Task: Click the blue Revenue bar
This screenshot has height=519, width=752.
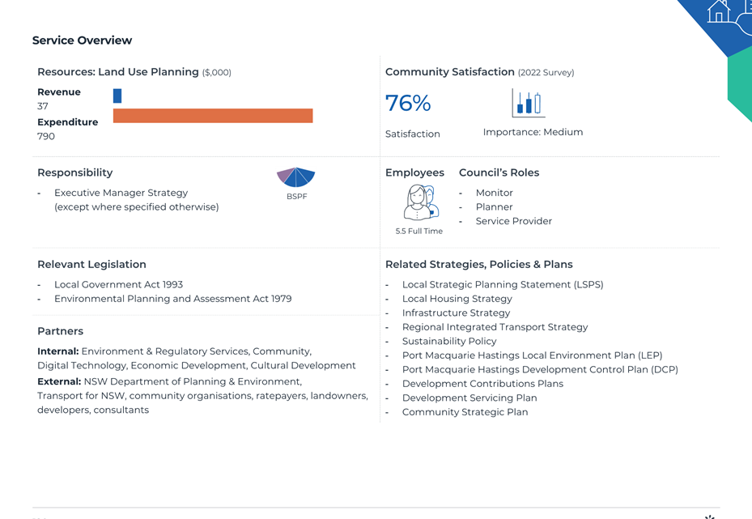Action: click(117, 96)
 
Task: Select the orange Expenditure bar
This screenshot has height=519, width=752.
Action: click(213, 116)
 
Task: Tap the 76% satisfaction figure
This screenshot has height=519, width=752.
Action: click(408, 103)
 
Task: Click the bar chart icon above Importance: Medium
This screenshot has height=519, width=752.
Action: click(529, 103)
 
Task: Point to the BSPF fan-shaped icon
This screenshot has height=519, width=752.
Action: click(296, 177)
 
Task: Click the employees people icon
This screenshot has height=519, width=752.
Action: click(421, 202)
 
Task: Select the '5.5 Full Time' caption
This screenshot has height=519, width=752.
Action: click(419, 232)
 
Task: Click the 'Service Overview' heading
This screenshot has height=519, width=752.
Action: click(82, 40)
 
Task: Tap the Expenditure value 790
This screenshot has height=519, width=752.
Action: click(46, 136)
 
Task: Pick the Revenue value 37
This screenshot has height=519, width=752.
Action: click(43, 106)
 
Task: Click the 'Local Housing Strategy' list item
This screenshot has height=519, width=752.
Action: click(457, 299)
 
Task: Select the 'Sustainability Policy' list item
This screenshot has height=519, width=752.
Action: click(449, 341)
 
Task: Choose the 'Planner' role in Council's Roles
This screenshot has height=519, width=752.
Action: click(494, 206)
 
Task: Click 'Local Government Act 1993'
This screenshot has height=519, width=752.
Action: click(118, 284)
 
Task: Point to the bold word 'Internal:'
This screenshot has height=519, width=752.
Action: click(58, 351)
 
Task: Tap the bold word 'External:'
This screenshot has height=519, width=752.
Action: click(59, 381)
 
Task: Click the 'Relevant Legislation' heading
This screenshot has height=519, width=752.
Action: click(91, 264)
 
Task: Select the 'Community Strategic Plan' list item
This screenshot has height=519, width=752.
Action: click(465, 412)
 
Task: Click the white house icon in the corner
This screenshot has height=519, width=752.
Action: click(719, 11)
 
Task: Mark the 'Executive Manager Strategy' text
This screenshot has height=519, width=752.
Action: click(121, 193)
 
